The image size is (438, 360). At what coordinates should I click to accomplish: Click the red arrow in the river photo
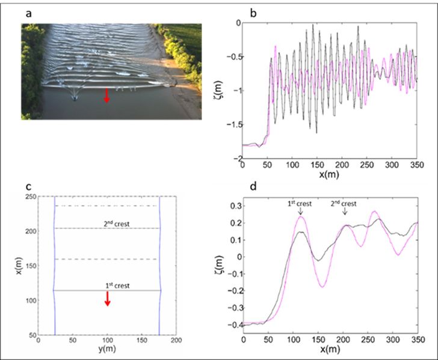coord(106,95)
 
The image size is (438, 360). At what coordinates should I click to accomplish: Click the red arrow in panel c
coord(107,299)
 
